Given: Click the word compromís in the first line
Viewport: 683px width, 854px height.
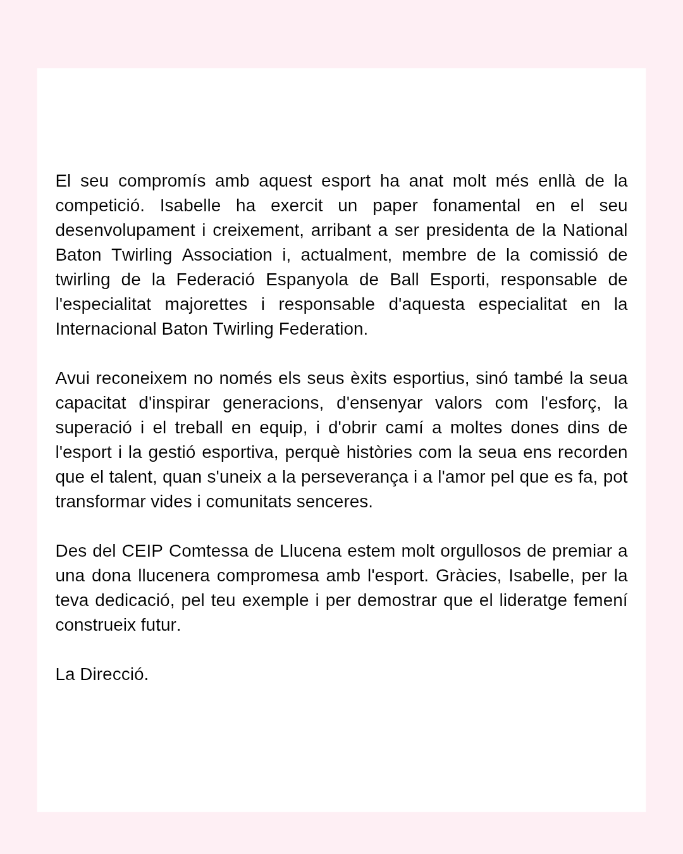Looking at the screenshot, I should [162, 182].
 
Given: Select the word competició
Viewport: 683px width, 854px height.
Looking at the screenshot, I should [100, 206].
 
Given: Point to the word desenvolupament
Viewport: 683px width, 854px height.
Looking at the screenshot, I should [125, 231].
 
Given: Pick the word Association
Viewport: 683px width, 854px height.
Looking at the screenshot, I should [227, 255].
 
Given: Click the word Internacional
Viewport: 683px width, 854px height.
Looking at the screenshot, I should [106, 329].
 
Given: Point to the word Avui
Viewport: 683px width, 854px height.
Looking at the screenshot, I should [73, 378].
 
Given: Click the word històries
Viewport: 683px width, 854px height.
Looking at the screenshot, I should [379, 452].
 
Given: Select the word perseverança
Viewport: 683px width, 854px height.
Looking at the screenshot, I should [354, 477].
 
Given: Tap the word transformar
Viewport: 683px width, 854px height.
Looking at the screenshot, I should [101, 502].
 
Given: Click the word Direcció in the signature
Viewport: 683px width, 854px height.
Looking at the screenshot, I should [114, 674].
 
